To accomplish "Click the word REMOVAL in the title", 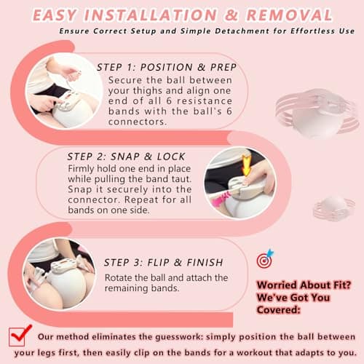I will pos(291,15).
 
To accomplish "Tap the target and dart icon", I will pos(264,260).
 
